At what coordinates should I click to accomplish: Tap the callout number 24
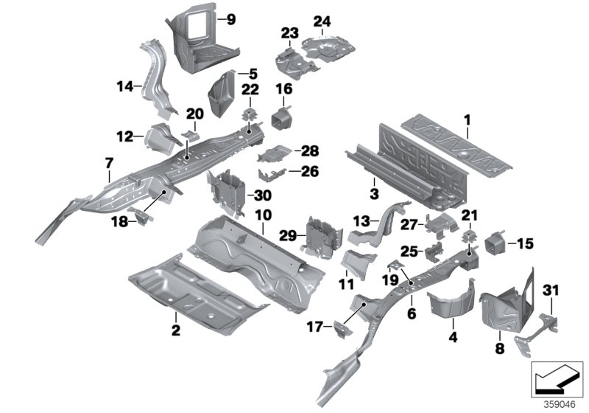tap(322, 20)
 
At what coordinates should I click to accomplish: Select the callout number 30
tap(262, 195)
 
